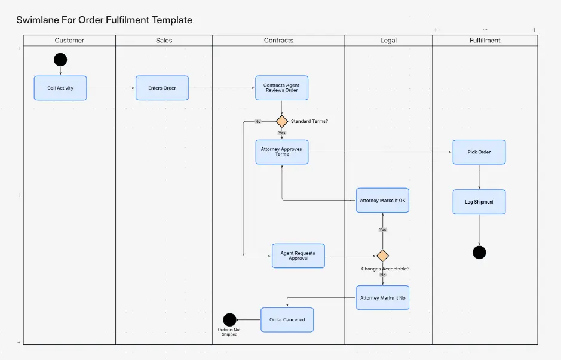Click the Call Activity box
pos(60,88)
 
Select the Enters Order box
pos(162,88)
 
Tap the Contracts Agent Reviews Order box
pos(281,88)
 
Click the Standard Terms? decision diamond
pos(282,121)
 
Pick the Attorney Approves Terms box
pos(282,152)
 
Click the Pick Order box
pos(479,152)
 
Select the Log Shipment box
pos(479,202)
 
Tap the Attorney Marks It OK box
pos(382,201)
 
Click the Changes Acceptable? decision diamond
pos(382,256)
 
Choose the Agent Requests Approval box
pos(298,256)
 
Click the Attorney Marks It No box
pos(382,297)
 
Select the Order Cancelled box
pos(287,319)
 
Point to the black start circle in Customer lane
pos(60,60)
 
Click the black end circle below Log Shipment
pos(479,252)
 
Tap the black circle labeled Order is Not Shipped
pos(229,319)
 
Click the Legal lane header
pos(388,41)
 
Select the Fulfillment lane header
pos(485,41)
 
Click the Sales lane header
pos(164,41)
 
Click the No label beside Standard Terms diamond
pos(258,121)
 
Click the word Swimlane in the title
pos(38,20)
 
